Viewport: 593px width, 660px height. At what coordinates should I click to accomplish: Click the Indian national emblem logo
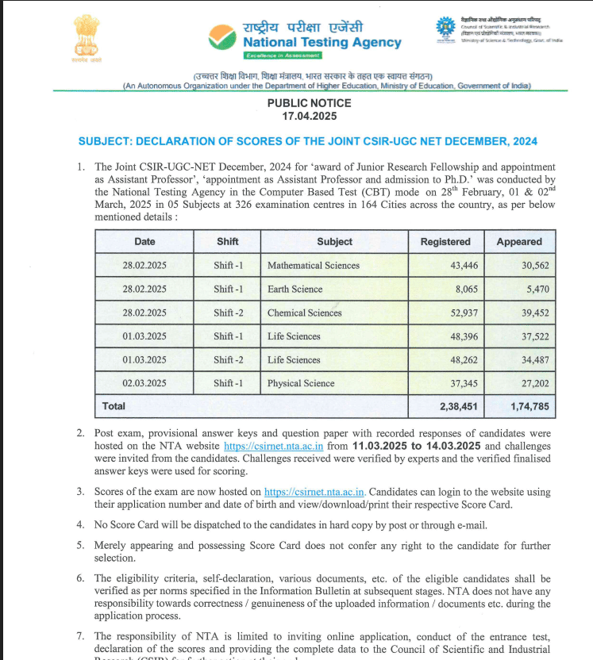pos(76,36)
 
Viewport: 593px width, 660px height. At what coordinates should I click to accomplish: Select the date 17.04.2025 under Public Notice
pos(310,116)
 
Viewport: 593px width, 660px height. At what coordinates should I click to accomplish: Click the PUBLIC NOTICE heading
pos(310,103)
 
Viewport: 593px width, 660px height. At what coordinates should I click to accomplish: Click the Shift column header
pos(227,241)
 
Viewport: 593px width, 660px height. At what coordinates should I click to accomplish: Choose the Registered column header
pos(445,242)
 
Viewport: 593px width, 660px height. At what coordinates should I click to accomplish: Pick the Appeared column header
pos(519,242)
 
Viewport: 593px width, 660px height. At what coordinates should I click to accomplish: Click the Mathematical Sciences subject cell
pos(314,266)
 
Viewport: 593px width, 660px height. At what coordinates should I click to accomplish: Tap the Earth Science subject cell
pos(295,290)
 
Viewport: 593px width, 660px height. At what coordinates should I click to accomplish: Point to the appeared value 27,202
pos(533,384)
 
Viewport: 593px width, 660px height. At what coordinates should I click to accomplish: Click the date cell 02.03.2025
pos(144,384)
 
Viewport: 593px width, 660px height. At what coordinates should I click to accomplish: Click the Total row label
pos(114,406)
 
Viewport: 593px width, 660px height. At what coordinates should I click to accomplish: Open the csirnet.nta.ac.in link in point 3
pos(314,492)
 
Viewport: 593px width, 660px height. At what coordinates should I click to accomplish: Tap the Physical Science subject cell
pos(301,384)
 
